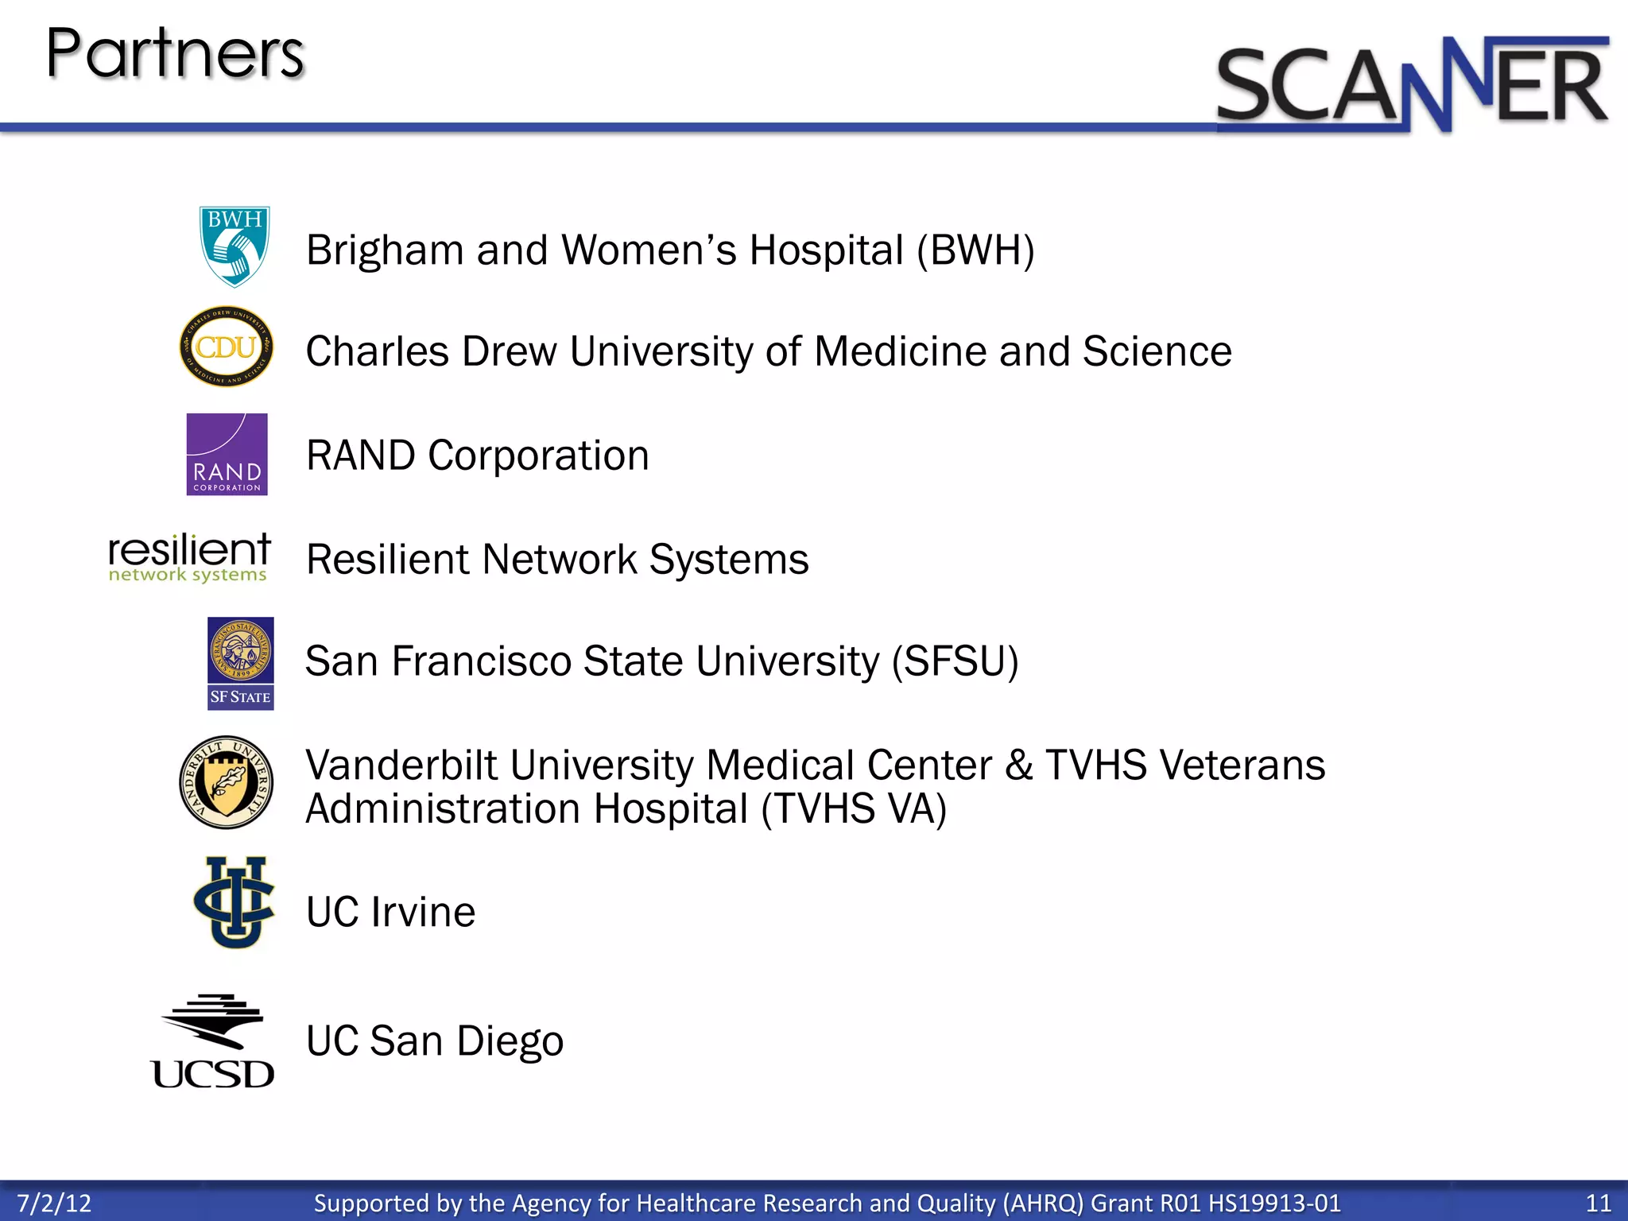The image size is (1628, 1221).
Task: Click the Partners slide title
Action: (x=175, y=53)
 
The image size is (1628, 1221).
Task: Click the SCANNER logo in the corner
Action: (x=1413, y=84)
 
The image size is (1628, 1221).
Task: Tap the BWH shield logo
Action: (x=234, y=246)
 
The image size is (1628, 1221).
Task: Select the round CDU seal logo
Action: (x=227, y=347)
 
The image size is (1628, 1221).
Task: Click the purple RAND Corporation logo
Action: (x=227, y=454)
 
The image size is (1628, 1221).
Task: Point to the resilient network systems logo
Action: (x=189, y=557)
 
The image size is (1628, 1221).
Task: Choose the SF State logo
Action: (x=240, y=663)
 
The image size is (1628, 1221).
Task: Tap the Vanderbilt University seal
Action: (x=227, y=782)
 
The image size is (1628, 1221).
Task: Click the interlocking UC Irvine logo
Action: (x=234, y=902)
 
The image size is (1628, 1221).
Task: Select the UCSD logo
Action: (x=213, y=1041)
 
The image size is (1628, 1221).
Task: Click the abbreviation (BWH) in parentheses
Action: (x=975, y=250)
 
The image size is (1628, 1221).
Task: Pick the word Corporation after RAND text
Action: (x=538, y=455)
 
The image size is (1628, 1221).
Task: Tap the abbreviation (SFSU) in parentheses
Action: (x=955, y=661)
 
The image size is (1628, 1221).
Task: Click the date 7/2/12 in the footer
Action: (x=54, y=1203)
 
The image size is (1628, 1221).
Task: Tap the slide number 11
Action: (x=1598, y=1203)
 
